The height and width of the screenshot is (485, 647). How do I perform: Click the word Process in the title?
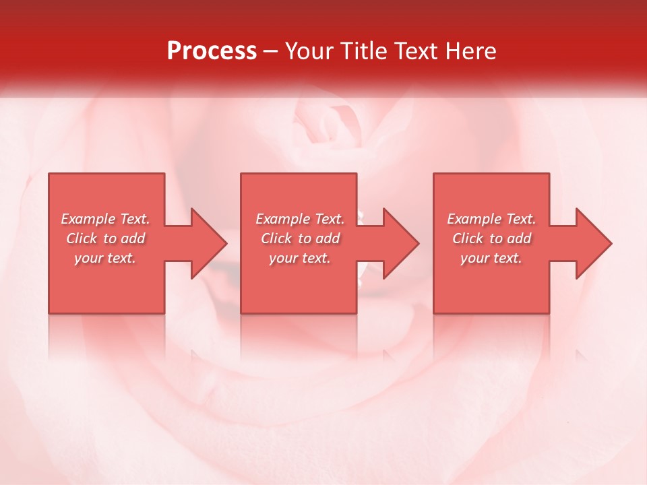(212, 51)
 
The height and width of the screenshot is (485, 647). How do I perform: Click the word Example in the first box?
(89, 219)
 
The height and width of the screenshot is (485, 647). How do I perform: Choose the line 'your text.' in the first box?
(105, 258)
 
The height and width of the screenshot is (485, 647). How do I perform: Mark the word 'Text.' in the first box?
(135, 219)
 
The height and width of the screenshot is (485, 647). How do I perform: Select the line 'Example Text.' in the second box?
(300, 219)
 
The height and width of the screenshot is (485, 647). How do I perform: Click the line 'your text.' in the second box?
(300, 258)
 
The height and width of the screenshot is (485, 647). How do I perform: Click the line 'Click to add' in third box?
(491, 238)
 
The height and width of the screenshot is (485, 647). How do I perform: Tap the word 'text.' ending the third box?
(507, 258)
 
